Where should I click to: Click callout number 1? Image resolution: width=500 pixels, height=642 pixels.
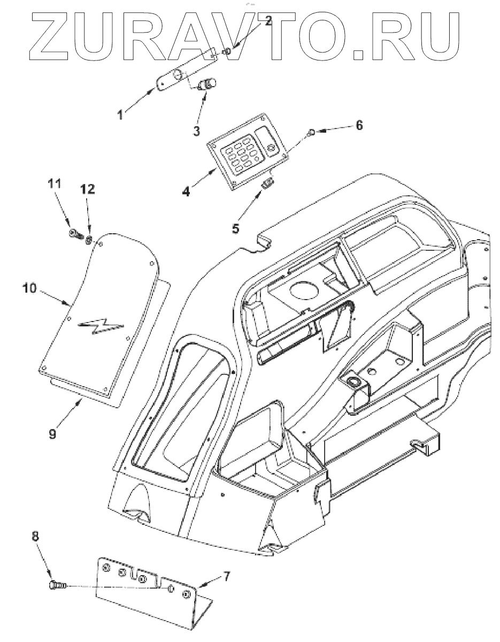121,114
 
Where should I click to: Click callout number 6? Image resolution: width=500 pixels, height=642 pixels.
359,125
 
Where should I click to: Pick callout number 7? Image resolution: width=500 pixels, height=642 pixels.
227,576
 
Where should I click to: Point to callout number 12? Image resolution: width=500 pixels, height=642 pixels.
88,189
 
